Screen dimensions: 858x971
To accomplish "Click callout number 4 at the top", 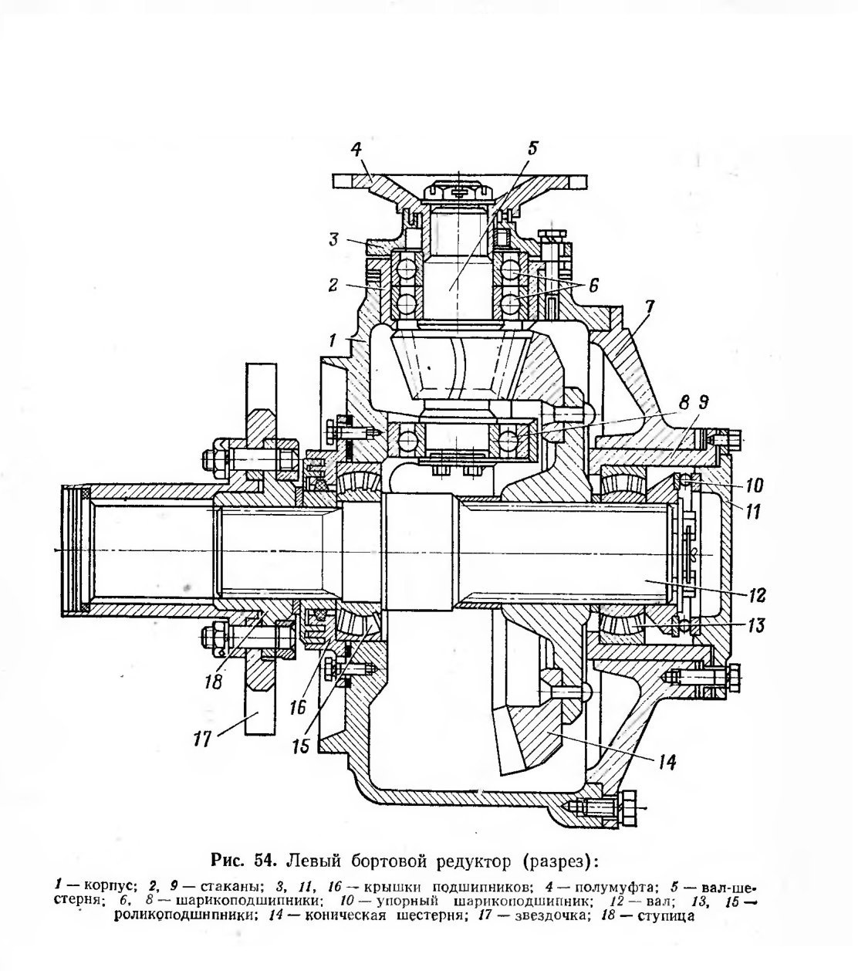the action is pos(356,151).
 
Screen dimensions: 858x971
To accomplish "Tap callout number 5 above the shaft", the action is pos(532,148).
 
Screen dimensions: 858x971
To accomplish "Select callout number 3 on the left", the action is pos(334,239).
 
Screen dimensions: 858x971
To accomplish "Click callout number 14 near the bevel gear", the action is pos(667,762).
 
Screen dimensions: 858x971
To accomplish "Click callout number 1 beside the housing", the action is pos(333,340).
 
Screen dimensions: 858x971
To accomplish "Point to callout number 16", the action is pos(297,707).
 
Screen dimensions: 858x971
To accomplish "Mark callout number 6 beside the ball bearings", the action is pos(593,286).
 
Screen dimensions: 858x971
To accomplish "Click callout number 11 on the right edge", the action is pos(752,512).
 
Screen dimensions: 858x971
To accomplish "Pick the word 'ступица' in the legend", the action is pos(665,915).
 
